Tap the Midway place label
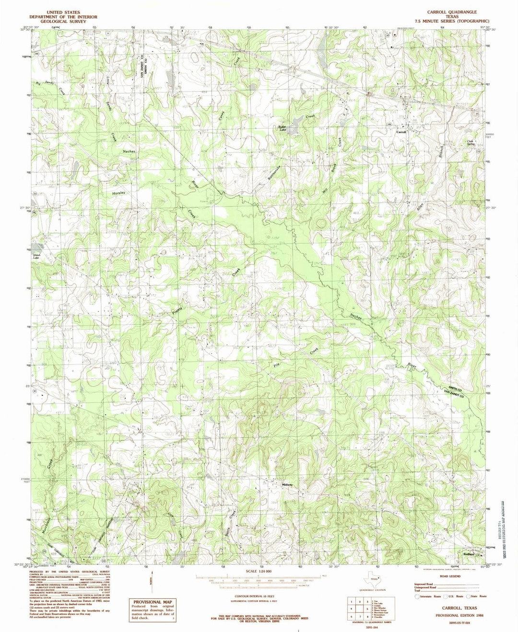[287, 484]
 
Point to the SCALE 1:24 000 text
[259, 572]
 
